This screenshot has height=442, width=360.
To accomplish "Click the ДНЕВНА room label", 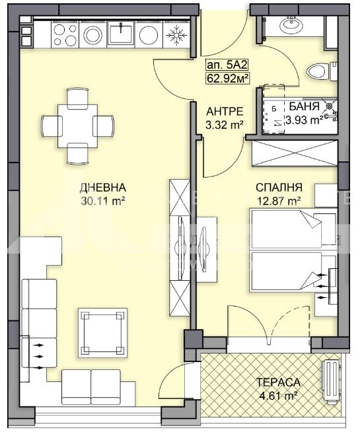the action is (103, 188).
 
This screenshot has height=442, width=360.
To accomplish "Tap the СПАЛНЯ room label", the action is (279, 188).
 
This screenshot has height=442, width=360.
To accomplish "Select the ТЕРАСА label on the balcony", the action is (278, 383).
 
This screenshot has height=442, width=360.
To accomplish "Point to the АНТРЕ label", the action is (225, 112).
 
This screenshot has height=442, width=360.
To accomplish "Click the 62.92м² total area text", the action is (227, 78).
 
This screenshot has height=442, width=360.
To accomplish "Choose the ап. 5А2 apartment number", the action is (227, 65).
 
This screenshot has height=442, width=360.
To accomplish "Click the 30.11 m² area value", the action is (103, 201).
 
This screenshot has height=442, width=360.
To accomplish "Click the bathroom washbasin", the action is (291, 24).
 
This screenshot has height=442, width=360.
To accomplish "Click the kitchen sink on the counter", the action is (121, 33).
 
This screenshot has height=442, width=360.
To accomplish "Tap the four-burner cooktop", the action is (65, 35).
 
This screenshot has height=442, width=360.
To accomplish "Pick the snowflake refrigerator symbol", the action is (177, 35).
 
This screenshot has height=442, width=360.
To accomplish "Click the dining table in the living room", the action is (77, 126).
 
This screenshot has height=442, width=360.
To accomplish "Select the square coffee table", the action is (102, 333).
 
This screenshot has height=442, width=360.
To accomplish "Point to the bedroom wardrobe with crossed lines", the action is (295, 153).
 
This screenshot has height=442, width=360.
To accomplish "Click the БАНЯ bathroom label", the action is (305, 106).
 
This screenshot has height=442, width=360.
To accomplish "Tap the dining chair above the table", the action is (77, 98).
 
